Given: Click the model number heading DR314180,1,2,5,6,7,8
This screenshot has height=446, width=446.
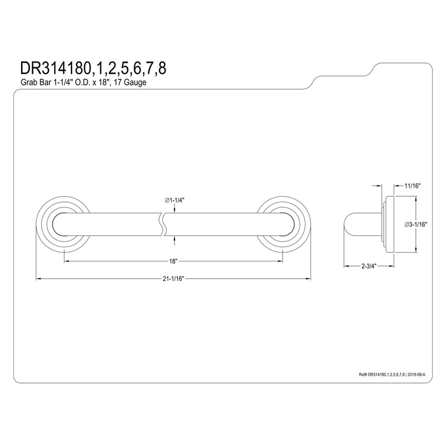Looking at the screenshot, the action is [93, 69].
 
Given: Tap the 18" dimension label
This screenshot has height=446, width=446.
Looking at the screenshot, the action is [173, 261].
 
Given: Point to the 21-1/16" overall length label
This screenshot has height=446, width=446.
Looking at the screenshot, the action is [173, 279].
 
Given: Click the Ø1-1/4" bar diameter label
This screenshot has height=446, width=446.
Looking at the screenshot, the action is [174, 200].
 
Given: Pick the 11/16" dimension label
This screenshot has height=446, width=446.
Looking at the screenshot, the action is [413, 186].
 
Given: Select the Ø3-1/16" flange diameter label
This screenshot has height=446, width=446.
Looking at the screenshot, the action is [416, 225].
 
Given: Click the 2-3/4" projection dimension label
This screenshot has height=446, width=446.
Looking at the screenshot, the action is [369, 266].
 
